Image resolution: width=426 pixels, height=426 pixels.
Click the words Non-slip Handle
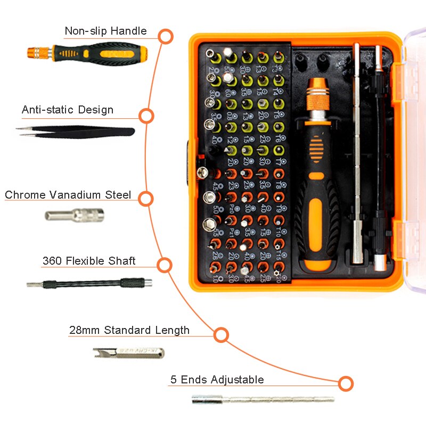[105, 31]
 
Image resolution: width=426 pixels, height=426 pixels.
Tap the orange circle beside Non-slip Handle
[166, 37]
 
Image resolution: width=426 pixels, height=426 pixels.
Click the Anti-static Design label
[68, 110]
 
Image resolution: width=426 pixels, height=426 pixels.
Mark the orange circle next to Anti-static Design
[146, 116]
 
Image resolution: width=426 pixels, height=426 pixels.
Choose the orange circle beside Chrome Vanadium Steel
[146, 199]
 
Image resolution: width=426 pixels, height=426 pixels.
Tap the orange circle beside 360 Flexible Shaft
[165, 265]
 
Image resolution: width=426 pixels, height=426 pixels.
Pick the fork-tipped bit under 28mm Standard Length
[128, 353]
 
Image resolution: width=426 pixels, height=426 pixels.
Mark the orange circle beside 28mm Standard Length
[221, 335]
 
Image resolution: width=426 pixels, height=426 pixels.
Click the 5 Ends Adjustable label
[217, 380]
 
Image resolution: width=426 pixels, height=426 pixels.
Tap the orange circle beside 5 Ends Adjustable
[346, 383]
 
